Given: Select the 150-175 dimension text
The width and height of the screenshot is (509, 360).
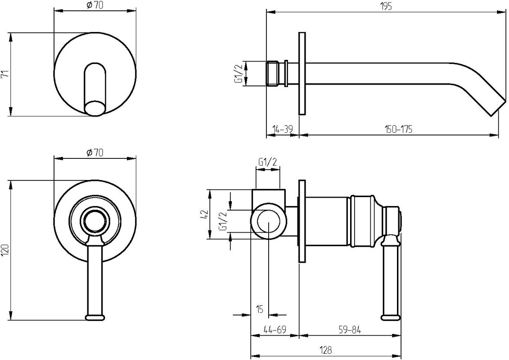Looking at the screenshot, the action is point(399,129).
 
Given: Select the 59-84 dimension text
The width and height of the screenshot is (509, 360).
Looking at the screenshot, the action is point(350,330).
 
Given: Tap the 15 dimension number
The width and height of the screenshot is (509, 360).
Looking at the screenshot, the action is point(259,309).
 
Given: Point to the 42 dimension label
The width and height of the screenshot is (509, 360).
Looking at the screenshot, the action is point(204,215).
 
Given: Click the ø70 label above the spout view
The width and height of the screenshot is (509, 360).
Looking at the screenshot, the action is point(95,6).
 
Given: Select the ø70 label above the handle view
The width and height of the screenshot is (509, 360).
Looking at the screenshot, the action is point(95,153).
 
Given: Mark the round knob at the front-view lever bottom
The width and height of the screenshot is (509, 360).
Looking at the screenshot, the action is point(95,317).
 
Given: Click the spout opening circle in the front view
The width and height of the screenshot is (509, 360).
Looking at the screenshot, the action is point(95,108).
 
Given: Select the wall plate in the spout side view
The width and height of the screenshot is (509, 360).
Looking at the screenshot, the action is point(302,73).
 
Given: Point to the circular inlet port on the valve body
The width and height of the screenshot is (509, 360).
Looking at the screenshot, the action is point(269,221).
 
